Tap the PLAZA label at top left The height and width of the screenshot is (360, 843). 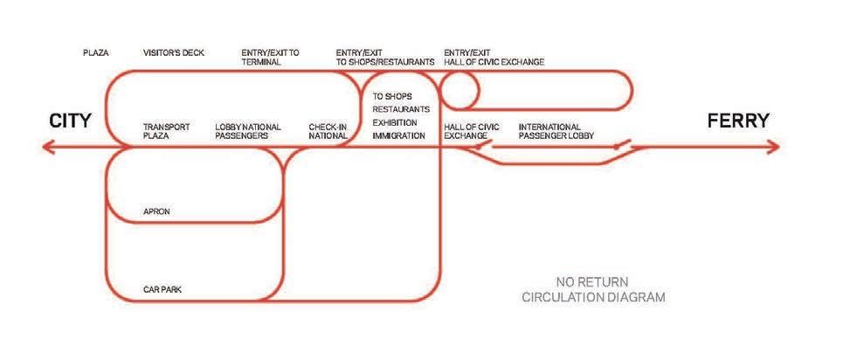point(96,53)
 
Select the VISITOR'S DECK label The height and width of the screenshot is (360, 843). point(174,53)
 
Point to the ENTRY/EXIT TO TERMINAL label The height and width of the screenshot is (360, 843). point(269,58)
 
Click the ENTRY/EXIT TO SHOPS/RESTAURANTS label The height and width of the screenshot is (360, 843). point(384,58)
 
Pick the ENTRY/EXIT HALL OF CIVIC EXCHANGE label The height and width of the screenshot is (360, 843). point(494,58)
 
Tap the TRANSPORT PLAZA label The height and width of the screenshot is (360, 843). point(166,132)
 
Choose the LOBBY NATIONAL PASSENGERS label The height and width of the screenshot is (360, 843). point(248,132)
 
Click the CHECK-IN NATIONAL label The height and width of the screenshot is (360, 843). point(328,132)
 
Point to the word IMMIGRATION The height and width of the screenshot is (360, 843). point(398,136)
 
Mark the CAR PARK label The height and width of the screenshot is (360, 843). point(162,288)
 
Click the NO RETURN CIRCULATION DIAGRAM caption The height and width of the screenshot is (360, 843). point(593,289)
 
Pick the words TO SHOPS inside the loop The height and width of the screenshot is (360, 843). point(392,96)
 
